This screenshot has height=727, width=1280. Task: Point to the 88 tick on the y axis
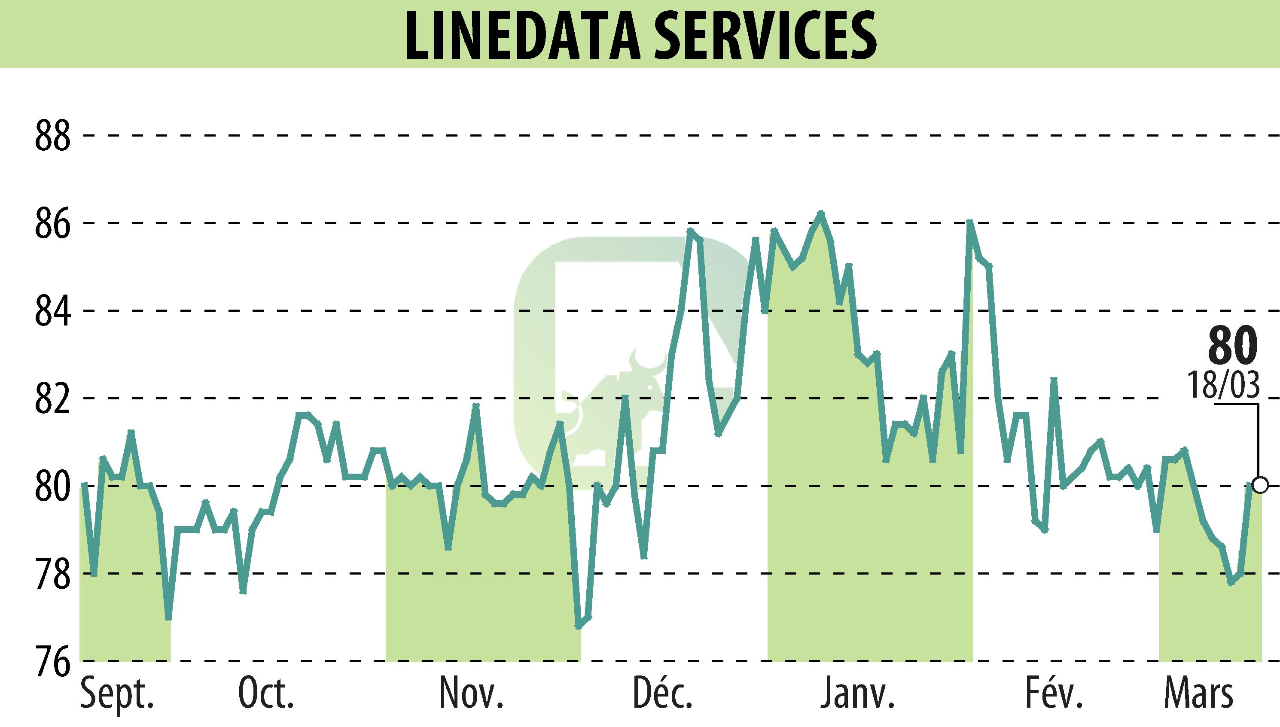coord(52,136)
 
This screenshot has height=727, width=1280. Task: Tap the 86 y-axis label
coord(52,224)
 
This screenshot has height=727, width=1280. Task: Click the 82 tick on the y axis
coord(52,398)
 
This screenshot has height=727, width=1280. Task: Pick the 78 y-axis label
coord(52,574)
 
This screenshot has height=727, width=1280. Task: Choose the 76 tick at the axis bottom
coord(52,662)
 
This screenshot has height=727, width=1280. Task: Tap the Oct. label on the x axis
coord(266,694)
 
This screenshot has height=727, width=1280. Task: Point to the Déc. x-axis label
coord(662,694)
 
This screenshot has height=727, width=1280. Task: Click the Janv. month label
coord(857,694)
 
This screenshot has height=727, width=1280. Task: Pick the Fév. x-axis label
coord(1054,694)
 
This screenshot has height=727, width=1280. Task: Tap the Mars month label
coord(1198,694)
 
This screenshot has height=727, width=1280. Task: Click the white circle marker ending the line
coord(1260,485)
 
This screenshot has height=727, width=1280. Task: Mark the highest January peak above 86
coord(820,213)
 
